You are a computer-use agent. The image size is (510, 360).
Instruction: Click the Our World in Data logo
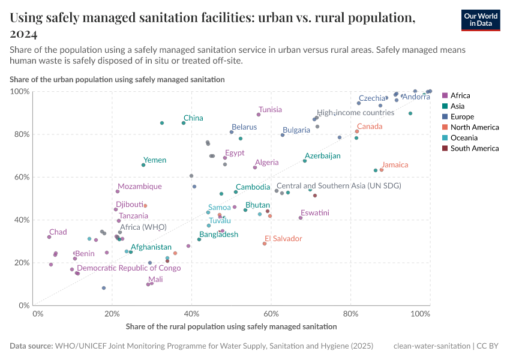pyautogui.click(x=481, y=20)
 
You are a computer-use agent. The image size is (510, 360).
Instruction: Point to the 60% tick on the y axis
pyautogui.click(x=20, y=177)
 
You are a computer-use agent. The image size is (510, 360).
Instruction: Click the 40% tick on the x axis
pyautogui.click(x=191, y=313)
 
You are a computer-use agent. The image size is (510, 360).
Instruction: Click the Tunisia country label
pyautogui.click(x=270, y=110)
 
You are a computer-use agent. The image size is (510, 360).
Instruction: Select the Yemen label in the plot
pyautogui.click(x=155, y=160)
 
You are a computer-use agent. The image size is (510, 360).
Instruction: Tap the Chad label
pyautogui.click(x=58, y=232)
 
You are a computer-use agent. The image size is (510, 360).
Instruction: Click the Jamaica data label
pyautogui.click(x=395, y=165)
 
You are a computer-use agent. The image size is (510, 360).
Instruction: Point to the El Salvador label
pyautogui.click(x=283, y=239)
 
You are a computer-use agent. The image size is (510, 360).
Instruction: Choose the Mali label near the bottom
pyautogui.click(x=155, y=280)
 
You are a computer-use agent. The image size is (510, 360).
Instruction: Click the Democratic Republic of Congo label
pyautogui.click(x=128, y=268)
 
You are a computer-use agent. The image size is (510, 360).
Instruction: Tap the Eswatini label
pyautogui.click(x=315, y=213)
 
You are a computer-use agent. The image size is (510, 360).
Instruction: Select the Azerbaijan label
pyautogui.click(x=322, y=156)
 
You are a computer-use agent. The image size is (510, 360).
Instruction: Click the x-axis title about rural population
pyautogui.click(x=231, y=326)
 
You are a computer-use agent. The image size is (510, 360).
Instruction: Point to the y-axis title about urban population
pyautogui.click(x=117, y=79)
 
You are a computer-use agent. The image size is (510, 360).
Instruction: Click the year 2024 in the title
pyautogui.click(x=24, y=33)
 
